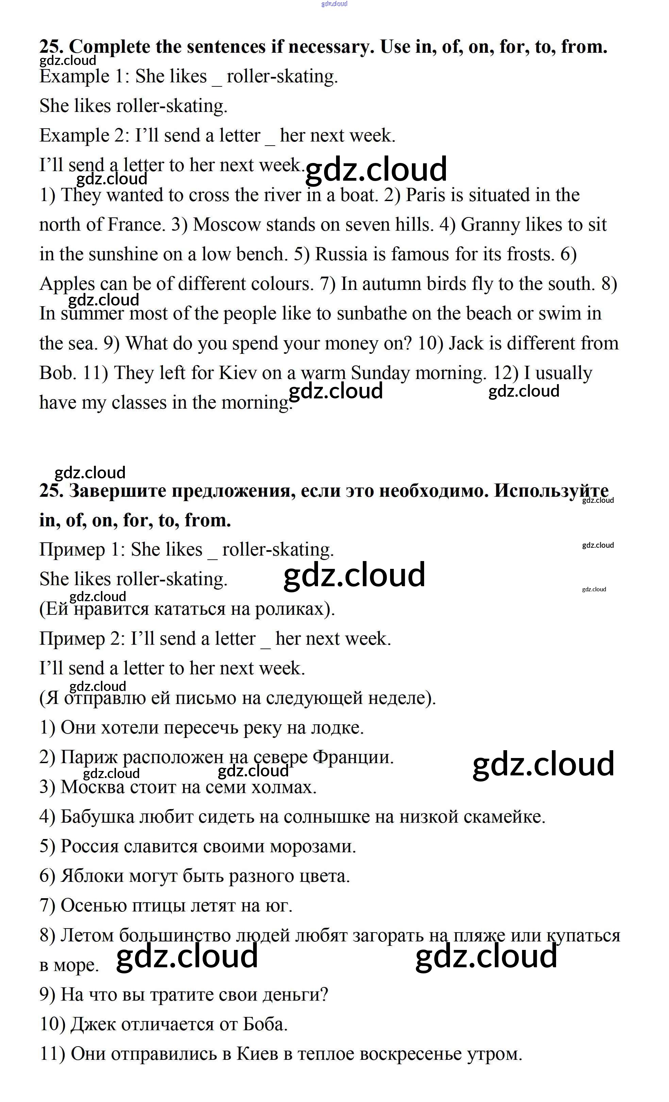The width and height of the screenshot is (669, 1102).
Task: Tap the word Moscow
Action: click(x=226, y=225)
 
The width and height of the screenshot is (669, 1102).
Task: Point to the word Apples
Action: click(x=67, y=284)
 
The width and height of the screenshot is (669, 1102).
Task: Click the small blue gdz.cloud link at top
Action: click(x=334, y=4)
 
